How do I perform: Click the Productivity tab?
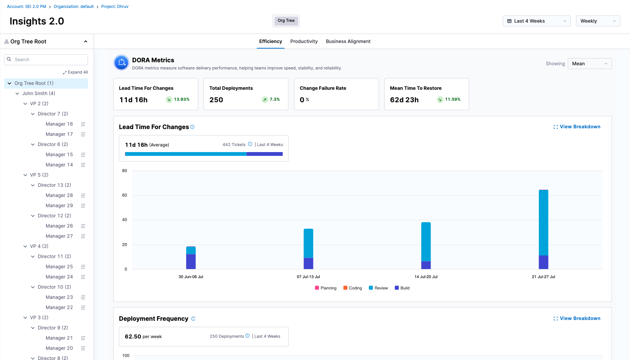(303, 42)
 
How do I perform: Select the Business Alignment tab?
(348, 42)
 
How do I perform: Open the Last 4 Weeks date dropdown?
(536, 21)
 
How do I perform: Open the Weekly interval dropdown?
(598, 21)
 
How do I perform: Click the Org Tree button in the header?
(286, 21)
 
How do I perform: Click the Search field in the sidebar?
(46, 60)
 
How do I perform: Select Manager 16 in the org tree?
(59, 124)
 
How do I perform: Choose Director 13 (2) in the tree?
(54, 185)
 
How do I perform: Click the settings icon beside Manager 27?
(83, 236)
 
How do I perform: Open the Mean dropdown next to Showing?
(589, 64)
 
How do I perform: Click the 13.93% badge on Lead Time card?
(178, 100)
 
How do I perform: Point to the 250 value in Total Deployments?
(216, 100)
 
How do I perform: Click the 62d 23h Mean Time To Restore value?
(404, 100)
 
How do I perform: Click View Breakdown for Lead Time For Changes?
(577, 127)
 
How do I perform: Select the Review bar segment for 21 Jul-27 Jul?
(543, 223)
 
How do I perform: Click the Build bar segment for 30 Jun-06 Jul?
(191, 262)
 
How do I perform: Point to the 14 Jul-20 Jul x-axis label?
(426, 277)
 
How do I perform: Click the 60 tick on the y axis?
(125, 195)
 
